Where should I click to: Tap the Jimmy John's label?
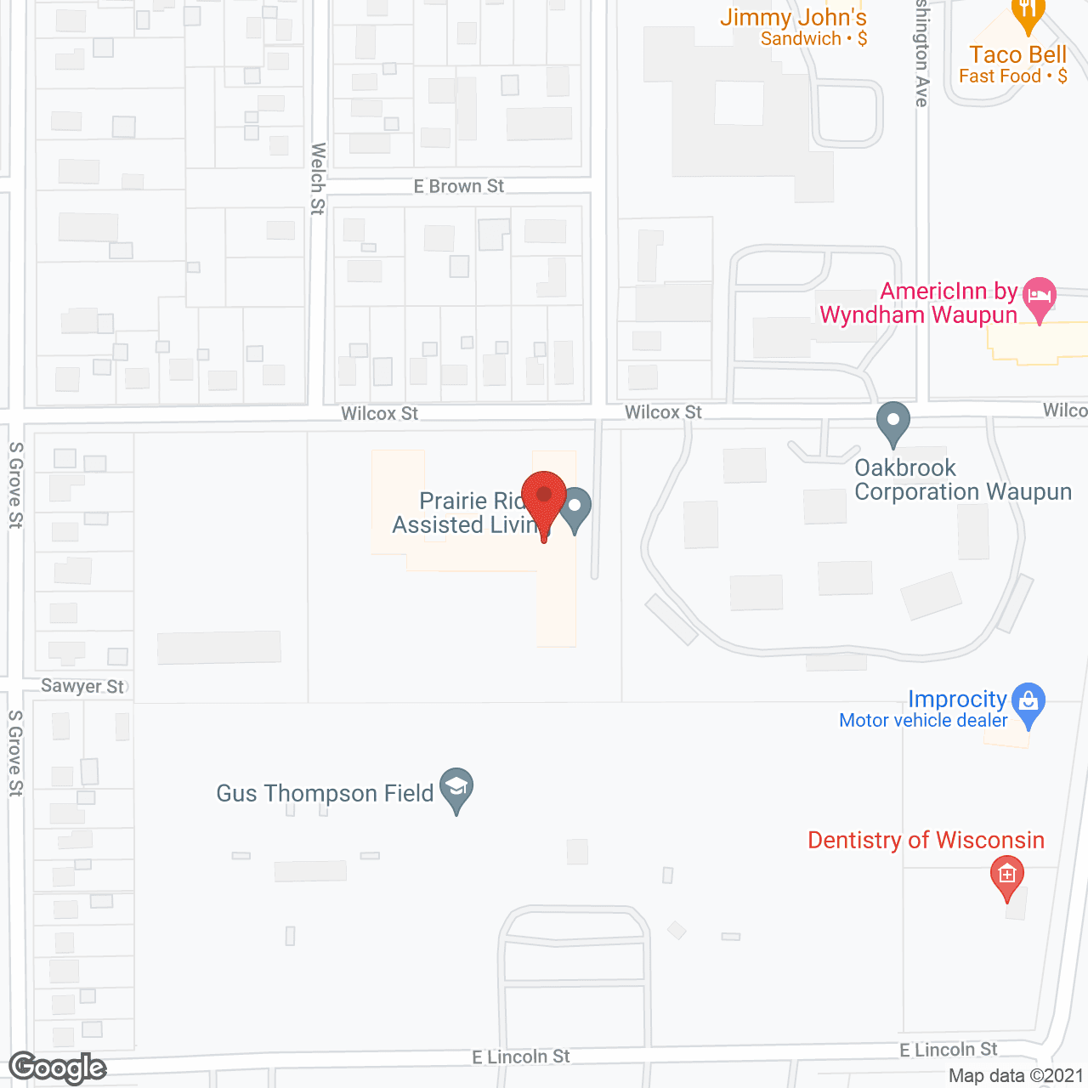click(x=793, y=18)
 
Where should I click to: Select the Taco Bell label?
click(x=1017, y=55)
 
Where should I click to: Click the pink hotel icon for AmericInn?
click(x=1040, y=297)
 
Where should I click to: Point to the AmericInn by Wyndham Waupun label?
click(x=918, y=303)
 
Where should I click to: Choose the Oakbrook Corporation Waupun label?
click(x=962, y=480)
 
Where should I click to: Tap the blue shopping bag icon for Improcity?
click(x=1028, y=703)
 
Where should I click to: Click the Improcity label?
click(x=957, y=700)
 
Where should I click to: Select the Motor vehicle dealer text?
click(x=923, y=721)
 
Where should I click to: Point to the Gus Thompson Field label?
click(x=325, y=794)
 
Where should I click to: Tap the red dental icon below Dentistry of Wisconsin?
click(x=1007, y=875)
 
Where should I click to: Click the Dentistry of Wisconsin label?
click(x=926, y=841)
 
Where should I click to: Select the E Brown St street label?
click(x=459, y=186)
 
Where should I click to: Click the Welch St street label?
click(x=318, y=178)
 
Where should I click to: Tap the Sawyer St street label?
click(x=82, y=686)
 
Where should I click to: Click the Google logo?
click(x=58, y=1068)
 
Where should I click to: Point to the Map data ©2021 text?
click(x=1016, y=1076)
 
